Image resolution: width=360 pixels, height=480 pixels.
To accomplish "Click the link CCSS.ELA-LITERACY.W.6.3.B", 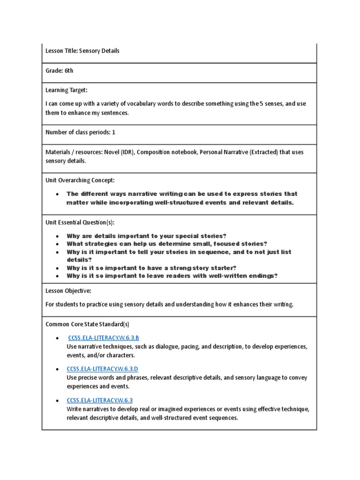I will point(104,338).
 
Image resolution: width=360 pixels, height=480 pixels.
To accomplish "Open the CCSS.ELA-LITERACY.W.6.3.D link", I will point(103,369).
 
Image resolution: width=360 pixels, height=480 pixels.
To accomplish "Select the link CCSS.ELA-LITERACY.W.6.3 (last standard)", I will point(100,400).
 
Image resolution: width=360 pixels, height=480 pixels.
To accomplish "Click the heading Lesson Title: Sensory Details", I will point(82,51).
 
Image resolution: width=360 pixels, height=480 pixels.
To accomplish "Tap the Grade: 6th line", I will point(60,71).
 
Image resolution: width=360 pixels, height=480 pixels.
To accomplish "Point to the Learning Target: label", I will point(67,90).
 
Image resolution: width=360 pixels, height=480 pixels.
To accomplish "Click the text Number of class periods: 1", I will point(80,133).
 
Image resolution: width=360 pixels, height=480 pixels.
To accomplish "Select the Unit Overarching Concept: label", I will point(80,180).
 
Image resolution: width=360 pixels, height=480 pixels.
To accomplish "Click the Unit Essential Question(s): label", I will point(80,223).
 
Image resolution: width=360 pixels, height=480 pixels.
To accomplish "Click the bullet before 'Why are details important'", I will point(57,236).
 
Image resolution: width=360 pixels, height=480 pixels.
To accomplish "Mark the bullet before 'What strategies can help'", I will point(57,244).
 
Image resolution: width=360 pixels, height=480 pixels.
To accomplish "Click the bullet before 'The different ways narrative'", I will point(57,194).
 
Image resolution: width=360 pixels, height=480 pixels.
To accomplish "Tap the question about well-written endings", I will point(172,276).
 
